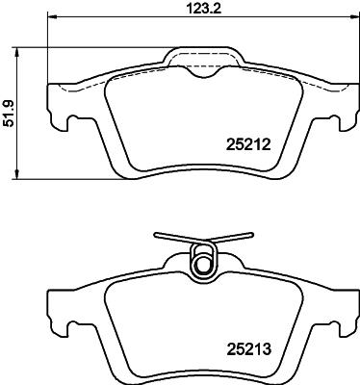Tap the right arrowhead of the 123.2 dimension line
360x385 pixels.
[x=353, y=18]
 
